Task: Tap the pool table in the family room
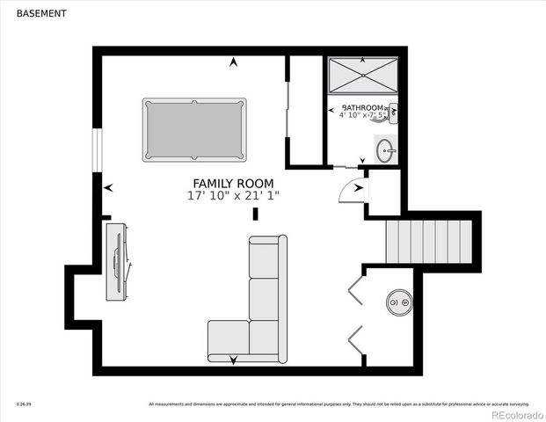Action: pyautogui.click(x=194, y=130)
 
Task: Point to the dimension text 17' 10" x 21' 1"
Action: pyautogui.click(x=233, y=196)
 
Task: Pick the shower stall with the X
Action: pyautogui.click(x=363, y=76)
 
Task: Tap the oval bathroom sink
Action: pyautogui.click(x=386, y=151)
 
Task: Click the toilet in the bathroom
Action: pyautogui.click(x=392, y=112)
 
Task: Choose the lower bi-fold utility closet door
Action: pyautogui.click(x=355, y=338)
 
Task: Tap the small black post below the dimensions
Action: pyautogui.click(x=256, y=214)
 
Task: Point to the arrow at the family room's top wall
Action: pyautogui.click(x=233, y=62)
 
